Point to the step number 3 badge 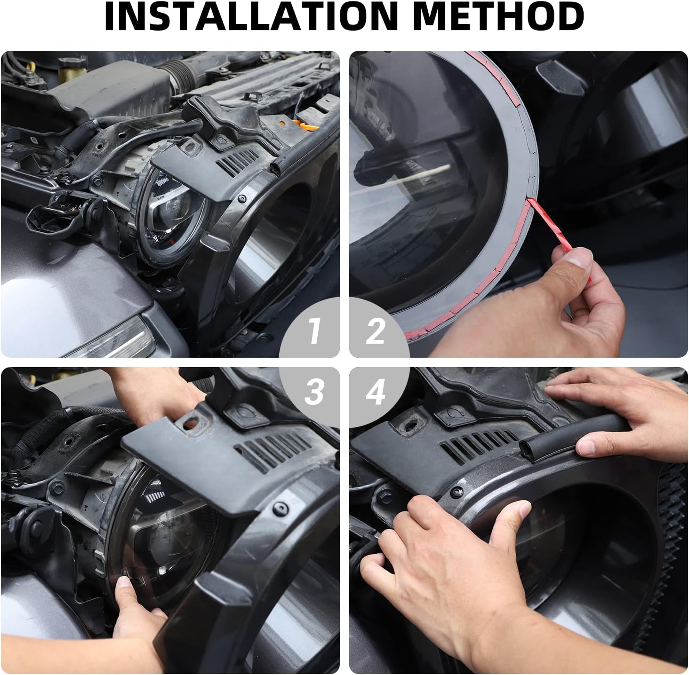click(x=314, y=392)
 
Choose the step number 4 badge click(x=375, y=392)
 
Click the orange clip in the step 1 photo click(x=299, y=125)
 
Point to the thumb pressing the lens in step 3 click(x=123, y=586)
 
